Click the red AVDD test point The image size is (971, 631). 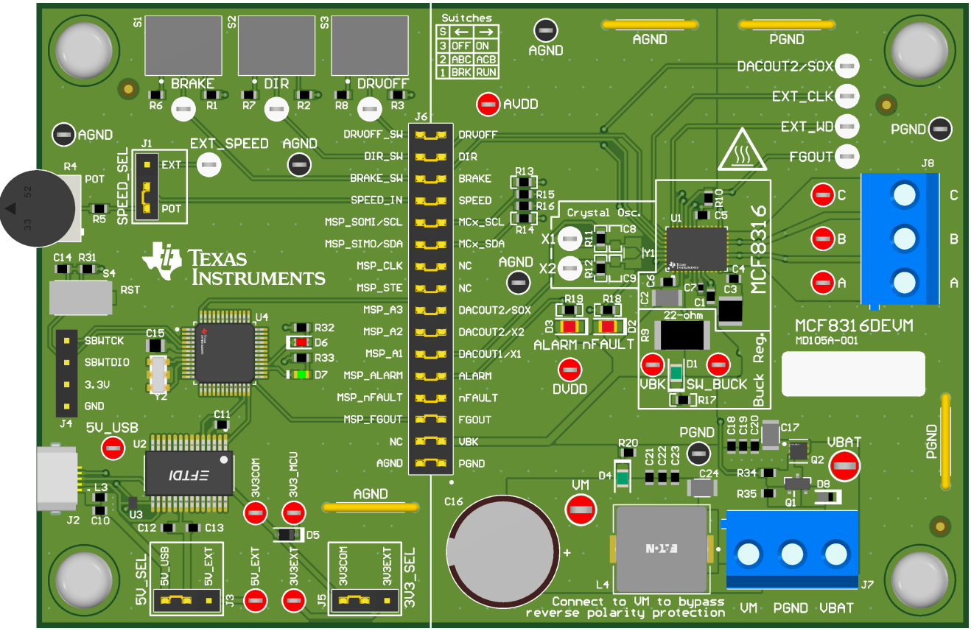pyautogui.click(x=487, y=105)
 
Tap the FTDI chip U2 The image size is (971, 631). pyautogui.click(x=189, y=472)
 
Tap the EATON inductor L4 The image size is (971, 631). pyautogui.click(x=660, y=548)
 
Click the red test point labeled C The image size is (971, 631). pyautogui.click(x=821, y=196)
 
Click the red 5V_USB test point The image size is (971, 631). pyautogui.click(x=113, y=447)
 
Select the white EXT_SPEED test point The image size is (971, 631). pyautogui.click(x=210, y=164)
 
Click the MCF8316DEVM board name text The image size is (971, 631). pyautogui.click(x=844, y=325)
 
